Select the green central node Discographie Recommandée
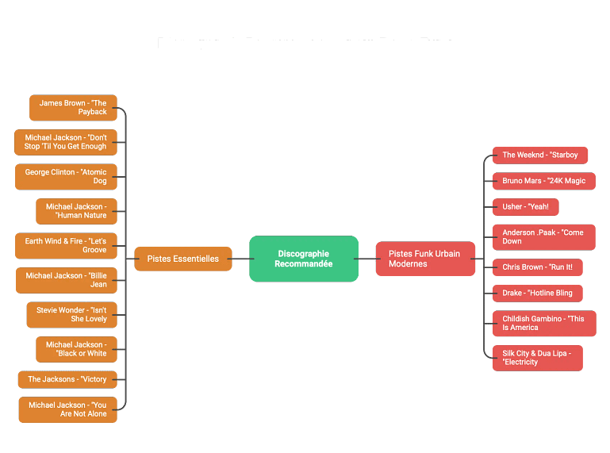304,259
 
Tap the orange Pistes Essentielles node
182,259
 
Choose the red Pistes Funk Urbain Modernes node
425,259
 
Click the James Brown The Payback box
73,107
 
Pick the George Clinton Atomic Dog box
66,176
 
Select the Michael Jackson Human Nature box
76,211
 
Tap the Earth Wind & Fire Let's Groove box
66,245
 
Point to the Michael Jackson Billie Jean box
66,280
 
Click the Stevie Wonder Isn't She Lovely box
71,314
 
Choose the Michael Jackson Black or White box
76,349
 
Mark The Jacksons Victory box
67,379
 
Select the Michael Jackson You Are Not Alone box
67,409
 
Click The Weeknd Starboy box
540,155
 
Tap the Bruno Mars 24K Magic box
543,181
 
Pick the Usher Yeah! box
525,207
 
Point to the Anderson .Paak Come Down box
543,236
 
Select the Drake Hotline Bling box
537,293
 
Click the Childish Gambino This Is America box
543,323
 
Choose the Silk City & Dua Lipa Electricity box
537,357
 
